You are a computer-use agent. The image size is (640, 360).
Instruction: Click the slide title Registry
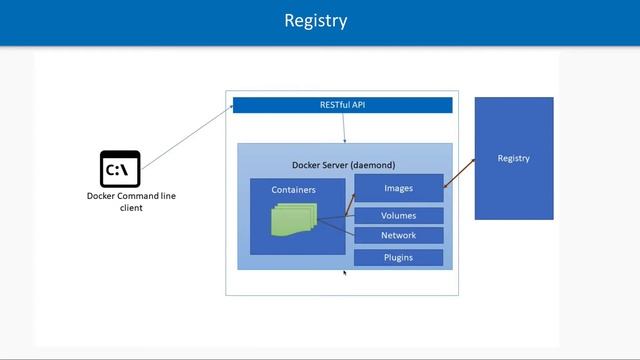[315, 21]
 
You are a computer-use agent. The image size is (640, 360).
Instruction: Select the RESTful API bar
[342, 104]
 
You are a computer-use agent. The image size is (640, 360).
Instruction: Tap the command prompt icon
[120, 169]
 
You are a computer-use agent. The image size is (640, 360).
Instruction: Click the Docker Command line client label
[130, 202]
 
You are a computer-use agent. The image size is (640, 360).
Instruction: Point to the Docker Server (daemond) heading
[344, 164]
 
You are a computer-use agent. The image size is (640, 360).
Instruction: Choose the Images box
[398, 187]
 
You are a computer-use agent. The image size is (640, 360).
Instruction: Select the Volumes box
[398, 215]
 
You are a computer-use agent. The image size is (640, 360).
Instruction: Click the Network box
[398, 236]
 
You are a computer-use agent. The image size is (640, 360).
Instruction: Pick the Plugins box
[398, 258]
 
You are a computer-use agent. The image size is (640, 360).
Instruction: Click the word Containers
[293, 189]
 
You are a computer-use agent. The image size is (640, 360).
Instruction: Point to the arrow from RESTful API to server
[345, 128]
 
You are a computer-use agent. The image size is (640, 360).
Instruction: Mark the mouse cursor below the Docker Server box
[345, 272]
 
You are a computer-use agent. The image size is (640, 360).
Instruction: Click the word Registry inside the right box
[513, 158]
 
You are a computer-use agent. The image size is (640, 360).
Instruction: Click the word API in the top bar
[369, 104]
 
